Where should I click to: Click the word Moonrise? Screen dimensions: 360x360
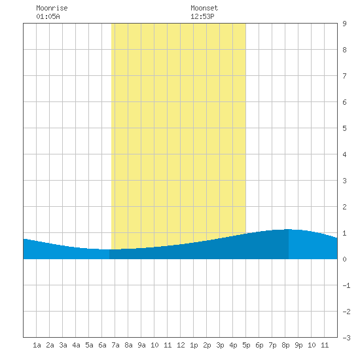[52, 8]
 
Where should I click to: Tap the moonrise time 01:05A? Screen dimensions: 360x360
[48, 16]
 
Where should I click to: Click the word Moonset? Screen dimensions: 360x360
[204, 8]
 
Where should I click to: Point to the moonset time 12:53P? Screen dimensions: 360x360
[202, 16]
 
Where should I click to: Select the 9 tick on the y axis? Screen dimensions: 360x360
[344, 24]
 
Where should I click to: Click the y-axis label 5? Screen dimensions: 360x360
[344, 128]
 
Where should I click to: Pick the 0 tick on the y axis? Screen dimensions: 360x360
[344, 259]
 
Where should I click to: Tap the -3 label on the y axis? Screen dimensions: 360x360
[346, 338]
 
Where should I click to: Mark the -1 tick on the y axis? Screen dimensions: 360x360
[346, 285]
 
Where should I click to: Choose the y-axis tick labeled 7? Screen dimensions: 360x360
[344, 76]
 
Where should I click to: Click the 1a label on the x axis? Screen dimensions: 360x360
[37, 345]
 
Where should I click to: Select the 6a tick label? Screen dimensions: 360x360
[102, 345]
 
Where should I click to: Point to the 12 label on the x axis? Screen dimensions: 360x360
[181, 345]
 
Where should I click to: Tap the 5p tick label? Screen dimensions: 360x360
[246, 345]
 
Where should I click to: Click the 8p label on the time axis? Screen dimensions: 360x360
[285, 345]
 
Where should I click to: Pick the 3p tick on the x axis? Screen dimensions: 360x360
[220, 345]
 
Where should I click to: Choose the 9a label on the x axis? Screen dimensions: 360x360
[141, 345]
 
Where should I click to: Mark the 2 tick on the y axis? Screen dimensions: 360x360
[344, 207]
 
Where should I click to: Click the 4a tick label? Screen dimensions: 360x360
[76, 345]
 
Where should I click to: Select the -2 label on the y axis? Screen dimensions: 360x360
[346, 312]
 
